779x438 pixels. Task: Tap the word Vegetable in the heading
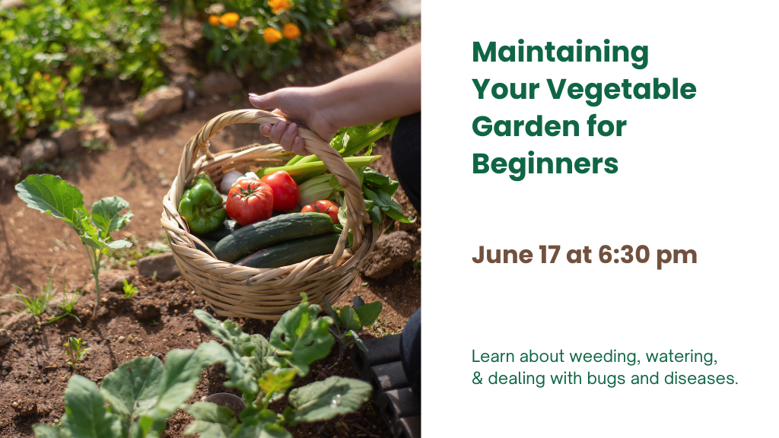pos(621,90)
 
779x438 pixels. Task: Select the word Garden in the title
pos(524,126)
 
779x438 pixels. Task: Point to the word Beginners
pos(545,165)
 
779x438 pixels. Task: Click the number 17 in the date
pos(549,255)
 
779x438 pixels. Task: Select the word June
pos(502,255)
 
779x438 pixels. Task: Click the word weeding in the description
pos(605,357)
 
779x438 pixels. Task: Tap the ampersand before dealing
pos(477,379)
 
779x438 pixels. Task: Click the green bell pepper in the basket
pos(202,205)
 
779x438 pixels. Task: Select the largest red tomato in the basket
pos(250,202)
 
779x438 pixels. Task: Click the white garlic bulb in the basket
pos(231,181)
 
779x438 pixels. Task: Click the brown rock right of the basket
pos(389,254)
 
